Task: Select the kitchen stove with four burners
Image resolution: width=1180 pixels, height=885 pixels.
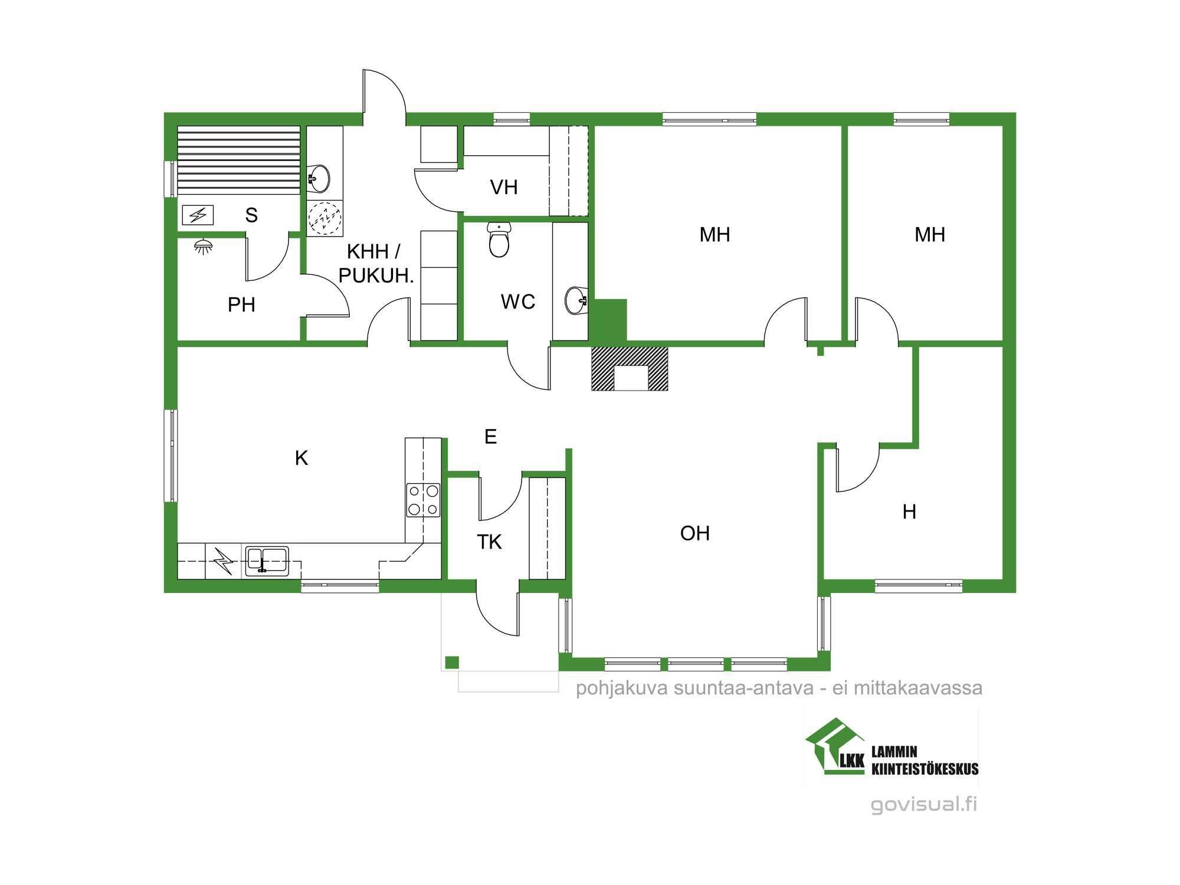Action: pyautogui.click(x=423, y=500)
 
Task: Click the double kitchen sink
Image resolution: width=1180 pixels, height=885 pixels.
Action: pyautogui.click(x=267, y=560)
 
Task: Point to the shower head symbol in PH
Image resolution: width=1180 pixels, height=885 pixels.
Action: pyautogui.click(x=203, y=246)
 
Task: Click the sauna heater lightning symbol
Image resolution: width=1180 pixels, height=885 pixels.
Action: pyautogui.click(x=198, y=215)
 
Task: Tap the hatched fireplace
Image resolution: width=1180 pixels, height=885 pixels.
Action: pyautogui.click(x=630, y=368)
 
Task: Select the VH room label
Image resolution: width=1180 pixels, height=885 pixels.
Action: pyautogui.click(x=504, y=187)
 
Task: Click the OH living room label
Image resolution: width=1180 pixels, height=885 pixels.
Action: pyautogui.click(x=695, y=533)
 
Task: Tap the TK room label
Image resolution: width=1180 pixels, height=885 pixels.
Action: pyautogui.click(x=489, y=542)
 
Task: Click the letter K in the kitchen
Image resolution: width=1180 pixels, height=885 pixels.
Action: pyautogui.click(x=301, y=458)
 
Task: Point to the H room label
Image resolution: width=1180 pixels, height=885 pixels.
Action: pyautogui.click(x=909, y=512)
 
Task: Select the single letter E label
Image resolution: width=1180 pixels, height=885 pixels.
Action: pyautogui.click(x=490, y=437)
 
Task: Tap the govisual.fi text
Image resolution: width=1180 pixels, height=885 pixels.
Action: pyautogui.click(x=924, y=804)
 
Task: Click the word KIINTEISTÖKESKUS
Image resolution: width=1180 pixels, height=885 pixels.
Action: pyautogui.click(x=925, y=768)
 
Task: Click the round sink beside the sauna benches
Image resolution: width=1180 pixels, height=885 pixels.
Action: pyautogui.click(x=319, y=177)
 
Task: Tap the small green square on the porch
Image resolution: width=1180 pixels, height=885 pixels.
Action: pyautogui.click(x=452, y=662)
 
